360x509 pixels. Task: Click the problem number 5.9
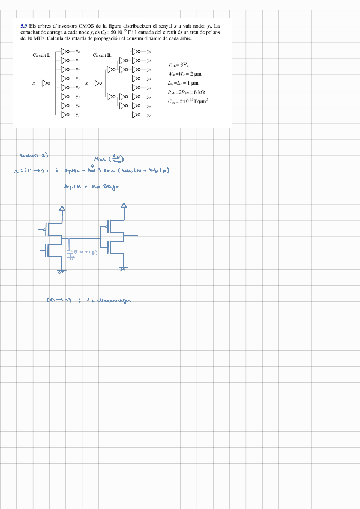tap(24, 26)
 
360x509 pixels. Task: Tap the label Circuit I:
tap(41, 55)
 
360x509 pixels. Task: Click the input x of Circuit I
tap(34, 83)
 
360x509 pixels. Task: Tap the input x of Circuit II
tap(87, 83)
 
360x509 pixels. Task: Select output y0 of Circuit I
tap(77, 52)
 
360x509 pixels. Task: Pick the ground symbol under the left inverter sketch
tap(61, 271)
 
